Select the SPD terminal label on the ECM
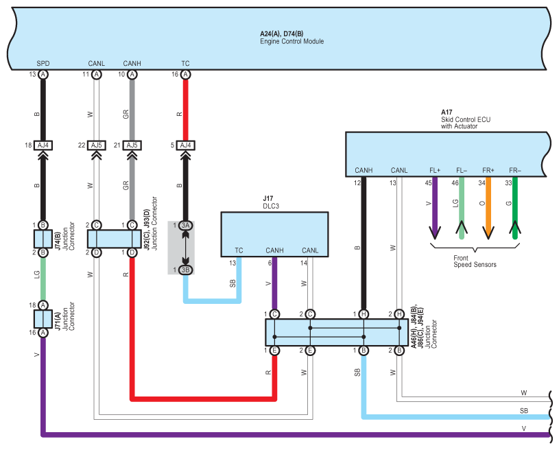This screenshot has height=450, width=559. [x=43, y=64]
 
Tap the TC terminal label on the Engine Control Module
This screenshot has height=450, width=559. [x=185, y=64]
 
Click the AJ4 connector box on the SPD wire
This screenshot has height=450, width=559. [x=43, y=145]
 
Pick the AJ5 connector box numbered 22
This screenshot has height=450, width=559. [x=96, y=145]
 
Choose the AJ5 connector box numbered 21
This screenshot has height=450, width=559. [x=132, y=145]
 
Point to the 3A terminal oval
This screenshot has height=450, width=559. [x=185, y=226]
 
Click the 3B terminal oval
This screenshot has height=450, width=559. [x=185, y=270]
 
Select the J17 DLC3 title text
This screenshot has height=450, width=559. [x=271, y=202]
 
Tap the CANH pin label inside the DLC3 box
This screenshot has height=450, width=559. [x=274, y=250]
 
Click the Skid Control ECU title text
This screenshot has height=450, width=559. [x=466, y=119]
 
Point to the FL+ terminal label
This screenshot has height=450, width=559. [x=435, y=170]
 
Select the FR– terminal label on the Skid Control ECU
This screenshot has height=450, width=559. [x=515, y=170]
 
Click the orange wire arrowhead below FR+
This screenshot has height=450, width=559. [x=488, y=233]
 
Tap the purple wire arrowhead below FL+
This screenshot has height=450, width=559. [x=435, y=233]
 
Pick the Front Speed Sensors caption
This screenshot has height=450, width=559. [x=475, y=261]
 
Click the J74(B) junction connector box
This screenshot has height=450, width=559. [x=43, y=239]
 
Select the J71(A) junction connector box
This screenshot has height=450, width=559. [x=43, y=319]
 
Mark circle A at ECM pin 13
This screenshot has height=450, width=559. [x=43, y=75]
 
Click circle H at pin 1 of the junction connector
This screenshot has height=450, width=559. [x=364, y=314]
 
